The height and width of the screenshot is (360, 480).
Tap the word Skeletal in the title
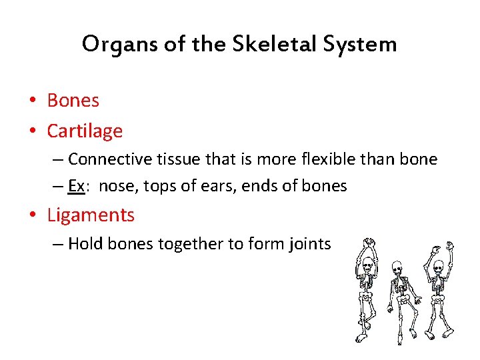pyautogui.click(x=261, y=45)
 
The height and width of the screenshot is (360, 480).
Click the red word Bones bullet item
pyautogui.click(x=73, y=101)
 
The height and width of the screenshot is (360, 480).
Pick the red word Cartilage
pyautogui.click(x=85, y=131)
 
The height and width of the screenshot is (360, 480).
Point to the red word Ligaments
pyautogui.click(x=91, y=215)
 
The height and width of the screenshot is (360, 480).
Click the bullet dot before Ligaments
pyautogui.click(x=33, y=216)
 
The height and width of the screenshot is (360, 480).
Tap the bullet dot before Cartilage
pyautogui.click(x=33, y=131)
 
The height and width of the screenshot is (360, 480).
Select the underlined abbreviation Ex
pyautogui.click(x=76, y=186)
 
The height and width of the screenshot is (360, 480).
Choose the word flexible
pyautogui.click(x=313, y=159)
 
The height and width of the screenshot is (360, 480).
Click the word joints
pyautogui.click(x=311, y=244)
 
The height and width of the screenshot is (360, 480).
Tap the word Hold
pyautogui.click(x=85, y=244)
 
